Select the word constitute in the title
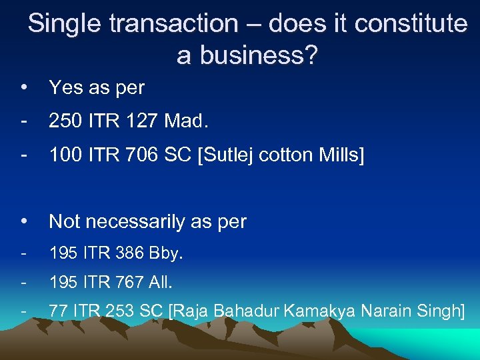point(411,24)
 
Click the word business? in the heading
point(247,56)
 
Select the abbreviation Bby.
point(168,254)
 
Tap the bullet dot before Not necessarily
point(24,221)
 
